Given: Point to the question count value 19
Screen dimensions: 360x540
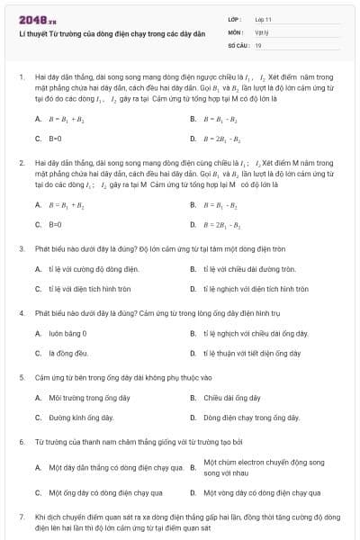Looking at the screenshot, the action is point(258,44).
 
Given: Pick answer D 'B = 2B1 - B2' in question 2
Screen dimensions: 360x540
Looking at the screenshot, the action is point(220,224).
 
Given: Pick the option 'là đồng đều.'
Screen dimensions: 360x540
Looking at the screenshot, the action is point(68,353).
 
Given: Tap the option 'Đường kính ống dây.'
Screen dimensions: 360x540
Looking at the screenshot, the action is point(81,418).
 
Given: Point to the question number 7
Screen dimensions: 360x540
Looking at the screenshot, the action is point(22,517).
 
